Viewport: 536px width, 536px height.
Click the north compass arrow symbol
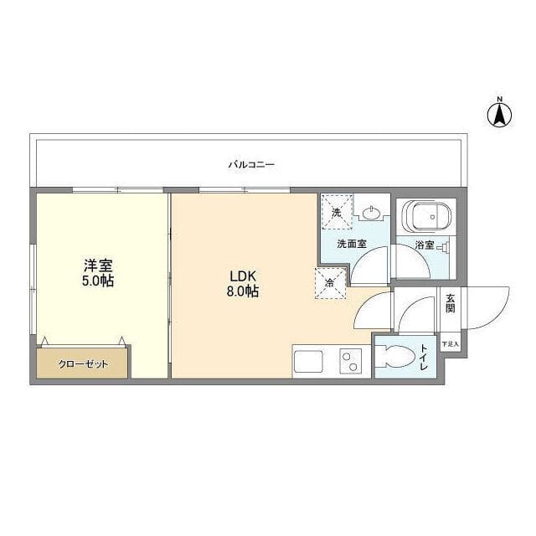(499, 116)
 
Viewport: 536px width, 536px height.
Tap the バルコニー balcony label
(251, 165)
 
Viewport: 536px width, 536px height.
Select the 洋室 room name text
(99, 265)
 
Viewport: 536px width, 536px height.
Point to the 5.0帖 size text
(98, 281)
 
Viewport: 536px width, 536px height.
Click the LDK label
(243, 276)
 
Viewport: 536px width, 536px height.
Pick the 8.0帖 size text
(243, 291)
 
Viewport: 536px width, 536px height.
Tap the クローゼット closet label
(84, 364)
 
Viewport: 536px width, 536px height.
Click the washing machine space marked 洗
(337, 212)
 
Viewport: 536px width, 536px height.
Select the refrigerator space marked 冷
(330, 283)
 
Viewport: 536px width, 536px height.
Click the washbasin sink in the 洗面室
(371, 214)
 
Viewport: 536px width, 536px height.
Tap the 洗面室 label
(352, 244)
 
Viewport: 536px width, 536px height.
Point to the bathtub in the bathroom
(426, 217)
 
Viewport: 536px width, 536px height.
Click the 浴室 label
(425, 245)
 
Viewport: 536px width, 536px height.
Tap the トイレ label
(424, 358)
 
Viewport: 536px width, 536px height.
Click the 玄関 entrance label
(451, 303)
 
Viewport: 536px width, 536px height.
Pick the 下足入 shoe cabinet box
(451, 344)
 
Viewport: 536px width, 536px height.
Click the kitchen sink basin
(309, 362)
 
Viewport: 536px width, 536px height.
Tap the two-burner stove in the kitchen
(351, 361)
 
